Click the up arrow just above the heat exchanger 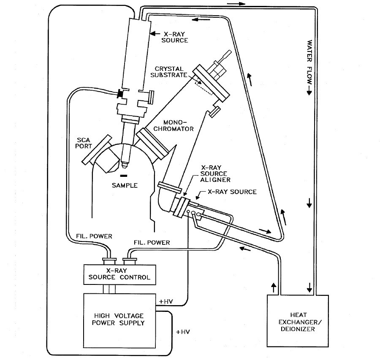point(273,288)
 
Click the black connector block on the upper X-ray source point(120,94)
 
